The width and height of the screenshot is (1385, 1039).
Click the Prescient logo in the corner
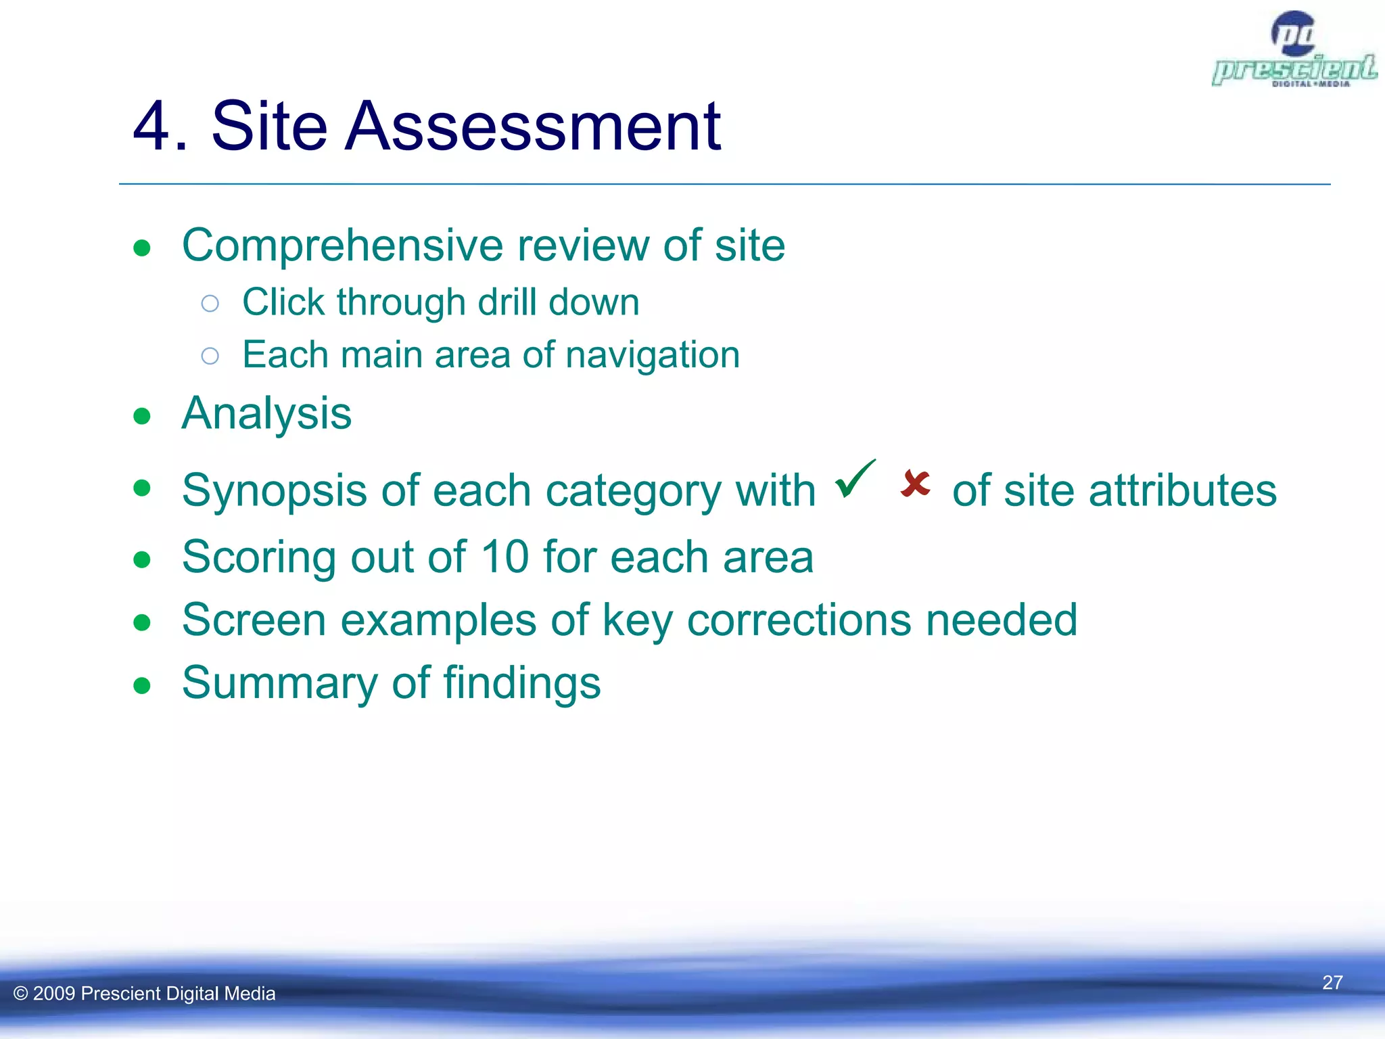(x=1294, y=51)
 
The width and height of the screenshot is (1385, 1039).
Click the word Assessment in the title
(x=532, y=126)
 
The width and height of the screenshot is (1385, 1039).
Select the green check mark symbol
(x=855, y=478)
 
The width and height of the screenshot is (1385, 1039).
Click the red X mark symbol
(x=916, y=484)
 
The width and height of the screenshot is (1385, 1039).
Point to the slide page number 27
(x=1332, y=982)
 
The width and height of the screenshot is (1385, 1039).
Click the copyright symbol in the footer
(x=21, y=994)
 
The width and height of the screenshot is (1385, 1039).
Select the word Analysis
(x=266, y=413)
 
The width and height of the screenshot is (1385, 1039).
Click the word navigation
(x=653, y=355)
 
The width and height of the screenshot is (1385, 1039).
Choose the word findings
(x=522, y=683)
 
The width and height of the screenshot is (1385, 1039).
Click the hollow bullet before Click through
(x=210, y=303)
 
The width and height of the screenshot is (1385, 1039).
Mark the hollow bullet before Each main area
(x=210, y=356)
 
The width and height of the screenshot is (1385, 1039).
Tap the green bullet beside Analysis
(x=142, y=416)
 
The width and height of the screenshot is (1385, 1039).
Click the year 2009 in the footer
(x=54, y=994)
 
